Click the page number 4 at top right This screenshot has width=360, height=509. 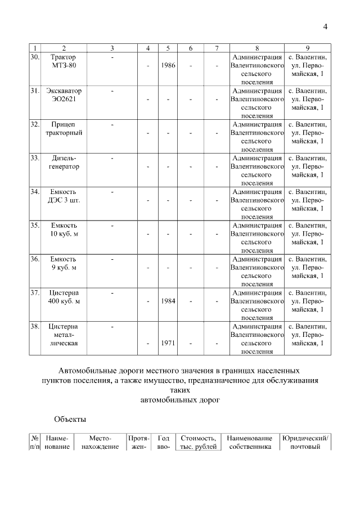[x=325, y=27]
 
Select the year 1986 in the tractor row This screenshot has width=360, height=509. [x=168, y=66]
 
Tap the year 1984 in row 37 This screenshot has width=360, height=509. [x=168, y=301]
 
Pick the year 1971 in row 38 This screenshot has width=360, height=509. [x=168, y=343]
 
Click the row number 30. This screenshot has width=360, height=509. [x=35, y=57]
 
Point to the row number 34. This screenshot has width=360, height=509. [x=35, y=192]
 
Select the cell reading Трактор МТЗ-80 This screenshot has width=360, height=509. [x=64, y=61]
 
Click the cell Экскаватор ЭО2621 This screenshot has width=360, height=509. [x=64, y=95]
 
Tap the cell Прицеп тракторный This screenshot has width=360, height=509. [x=64, y=129]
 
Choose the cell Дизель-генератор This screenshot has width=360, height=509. [x=64, y=163]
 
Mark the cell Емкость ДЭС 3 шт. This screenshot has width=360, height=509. [x=64, y=196]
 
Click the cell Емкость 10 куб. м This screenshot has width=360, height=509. [x=64, y=230]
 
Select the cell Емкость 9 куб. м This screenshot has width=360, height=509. [x=64, y=263]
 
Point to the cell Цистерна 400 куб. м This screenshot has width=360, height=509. [x=64, y=297]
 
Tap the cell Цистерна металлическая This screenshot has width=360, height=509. [x=64, y=335]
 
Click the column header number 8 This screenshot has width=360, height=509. [x=256, y=48]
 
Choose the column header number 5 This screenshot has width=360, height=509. [x=168, y=48]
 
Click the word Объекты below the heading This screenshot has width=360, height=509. [x=70, y=419]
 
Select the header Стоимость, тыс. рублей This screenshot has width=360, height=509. [x=197, y=443]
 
